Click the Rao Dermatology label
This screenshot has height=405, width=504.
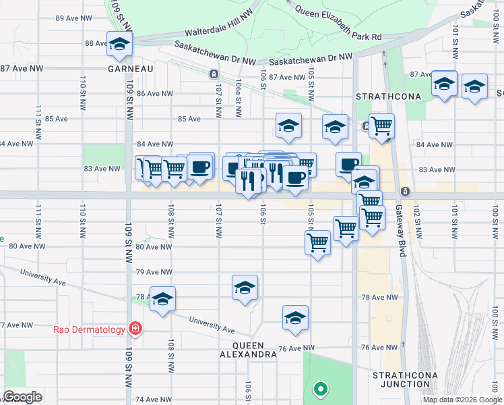[x=90, y=329]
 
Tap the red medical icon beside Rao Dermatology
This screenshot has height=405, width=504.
[x=135, y=329]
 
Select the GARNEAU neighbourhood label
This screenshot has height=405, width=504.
[x=131, y=69]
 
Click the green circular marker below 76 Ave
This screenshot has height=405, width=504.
[x=321, y=389]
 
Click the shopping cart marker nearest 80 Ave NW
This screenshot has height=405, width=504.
[x=317, y=242]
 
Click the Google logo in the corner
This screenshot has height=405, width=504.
[x=22, y=397]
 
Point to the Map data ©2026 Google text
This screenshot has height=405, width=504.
[x=462, y=400]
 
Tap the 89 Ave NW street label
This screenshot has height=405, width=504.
[x=73, y=18]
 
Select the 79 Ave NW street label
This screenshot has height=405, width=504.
[x=155, y=272]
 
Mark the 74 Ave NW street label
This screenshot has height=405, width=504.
[x=154, y=400]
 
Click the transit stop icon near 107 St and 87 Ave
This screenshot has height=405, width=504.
[x=214, y=74]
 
